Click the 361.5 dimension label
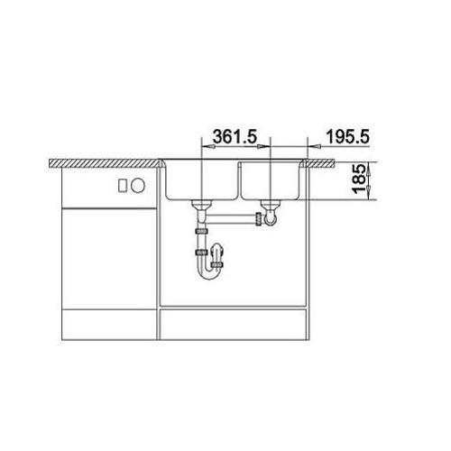tap(235, 136)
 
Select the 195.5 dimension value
tap(347, 137)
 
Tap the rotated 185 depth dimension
tap(360, 179)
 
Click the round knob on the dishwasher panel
tap(138, 186)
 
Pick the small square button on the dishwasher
tap(123, 186)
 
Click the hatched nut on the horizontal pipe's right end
tap(258, 219)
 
